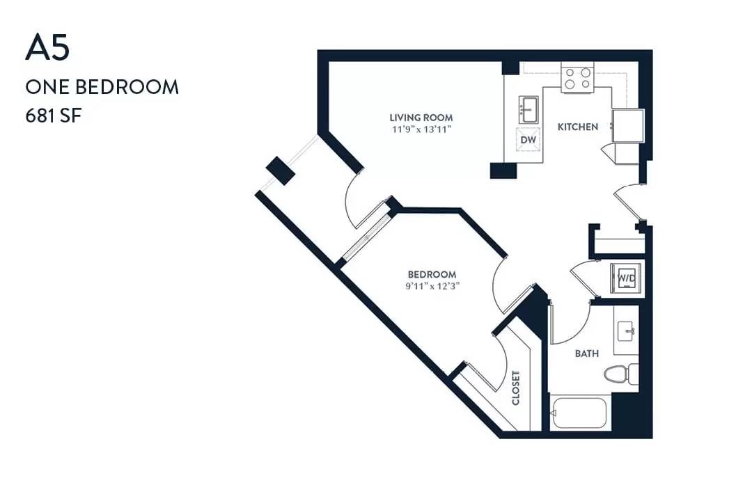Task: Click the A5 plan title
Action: point(47,47)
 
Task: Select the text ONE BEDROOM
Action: point(102,87)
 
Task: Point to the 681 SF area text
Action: point(54,116)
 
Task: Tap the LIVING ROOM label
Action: point(421,118)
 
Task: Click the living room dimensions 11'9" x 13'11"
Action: point(421,129)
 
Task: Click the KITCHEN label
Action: point(578,127)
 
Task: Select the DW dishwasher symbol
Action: point(528,139)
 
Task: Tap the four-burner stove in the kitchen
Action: point(577,78)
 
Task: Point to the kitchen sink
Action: point(528,110)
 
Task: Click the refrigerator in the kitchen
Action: point(628,126)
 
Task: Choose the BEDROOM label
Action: point(432,275)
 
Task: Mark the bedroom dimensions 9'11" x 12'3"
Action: point(432,287)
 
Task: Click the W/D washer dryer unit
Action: point(626,278)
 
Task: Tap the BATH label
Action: point(587,353)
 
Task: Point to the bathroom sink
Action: point(627,331)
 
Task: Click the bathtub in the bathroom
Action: point(579,414)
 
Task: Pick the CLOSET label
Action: point(516,388)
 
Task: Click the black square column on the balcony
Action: point(280,170)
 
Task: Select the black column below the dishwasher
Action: point(503,170)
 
